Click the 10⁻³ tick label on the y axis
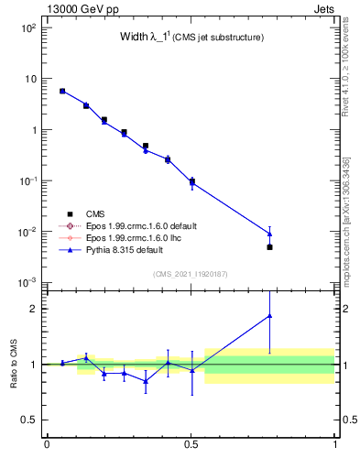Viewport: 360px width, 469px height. pyautogui.click(x=27, y=282)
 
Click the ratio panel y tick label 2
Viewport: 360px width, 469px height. pyautogui.click(x=32, y=309)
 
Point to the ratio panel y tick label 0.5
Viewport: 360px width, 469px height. pyautogui.click(x=28, y=420)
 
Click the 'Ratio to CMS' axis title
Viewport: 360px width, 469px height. pyautogui.click(x=15, y=364)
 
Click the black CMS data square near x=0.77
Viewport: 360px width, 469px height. pyautogui.click(x=269, y=247)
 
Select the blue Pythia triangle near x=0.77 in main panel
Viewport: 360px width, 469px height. pyautogui.click(x=269, y=234)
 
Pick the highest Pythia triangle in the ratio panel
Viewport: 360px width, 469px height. pyautogui.click(x=269, y=316)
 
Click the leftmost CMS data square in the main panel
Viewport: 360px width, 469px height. pyautogui.click(x=62, y=91)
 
